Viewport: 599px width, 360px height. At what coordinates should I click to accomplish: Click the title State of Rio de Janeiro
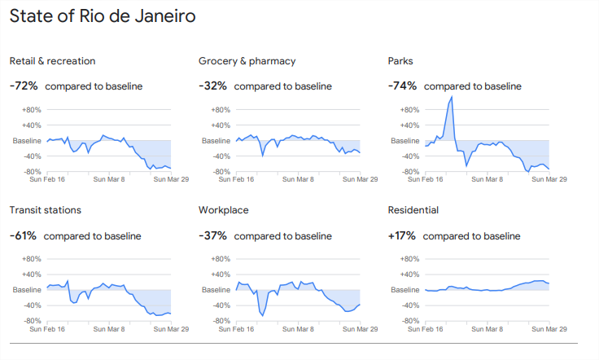[x=103, y=16]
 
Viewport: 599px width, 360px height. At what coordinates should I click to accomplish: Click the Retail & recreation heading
[x=52, y=61]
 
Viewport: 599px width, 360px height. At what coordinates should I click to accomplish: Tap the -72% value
[x=24, y=86]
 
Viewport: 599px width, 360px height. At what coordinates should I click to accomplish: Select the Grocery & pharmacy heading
[x=247, y=61]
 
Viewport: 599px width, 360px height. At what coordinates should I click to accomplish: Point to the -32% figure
[x=213, y=86]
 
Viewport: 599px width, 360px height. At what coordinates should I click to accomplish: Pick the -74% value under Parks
[x=403, y=86]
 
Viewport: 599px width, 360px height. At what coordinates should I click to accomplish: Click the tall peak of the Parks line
[x=451, y=97]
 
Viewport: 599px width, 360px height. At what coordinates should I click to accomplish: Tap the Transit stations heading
[x=45, y=210]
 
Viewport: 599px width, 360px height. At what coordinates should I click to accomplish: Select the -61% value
[x=24, y=236]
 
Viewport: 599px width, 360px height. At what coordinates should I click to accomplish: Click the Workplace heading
[x=223, y=210]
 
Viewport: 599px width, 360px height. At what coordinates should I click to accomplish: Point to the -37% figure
[x=213, y=236]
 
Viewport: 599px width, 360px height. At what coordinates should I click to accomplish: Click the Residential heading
[x=413, y=210]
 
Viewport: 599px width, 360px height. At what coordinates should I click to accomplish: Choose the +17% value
[x=402, y=236]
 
